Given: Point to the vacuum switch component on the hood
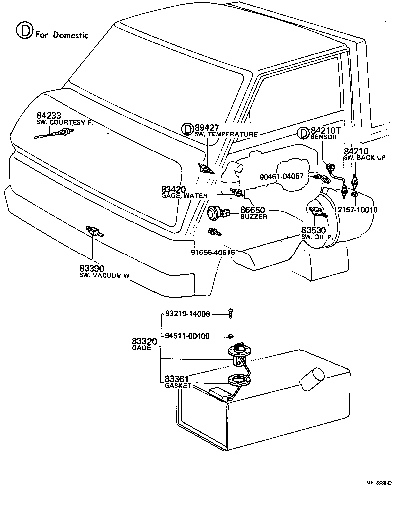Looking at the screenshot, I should pyautogui.click(x=93, y=231).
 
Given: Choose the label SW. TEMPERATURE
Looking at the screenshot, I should pyautogui.click(x=226, y=134).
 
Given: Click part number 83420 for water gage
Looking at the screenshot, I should pyautogui.click(x=174, y=189).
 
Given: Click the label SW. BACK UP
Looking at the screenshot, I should pyautogui.click(x=364, y=158).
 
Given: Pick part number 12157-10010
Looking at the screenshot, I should pyautogui.click(x=356, y=210).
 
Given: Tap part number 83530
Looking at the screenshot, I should pyautogui.click(x=313, y=230).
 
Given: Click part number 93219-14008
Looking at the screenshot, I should pyautogui.click(x=187, y=314).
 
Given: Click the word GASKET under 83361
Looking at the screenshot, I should pyautogui.click(x=178, y=386).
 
